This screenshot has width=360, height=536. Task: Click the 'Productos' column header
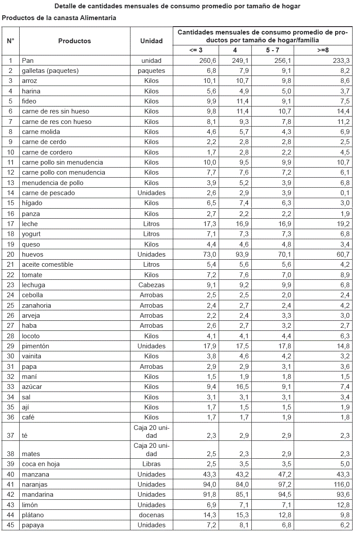pos(75,41)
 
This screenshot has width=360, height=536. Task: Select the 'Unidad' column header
pos(151,41)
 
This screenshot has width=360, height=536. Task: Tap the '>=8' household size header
pos(323,50)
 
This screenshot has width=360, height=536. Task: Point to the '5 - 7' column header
pos(273,50)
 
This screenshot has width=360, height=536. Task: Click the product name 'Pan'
pos(27,61)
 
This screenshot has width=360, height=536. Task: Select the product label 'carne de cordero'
pos(47,152)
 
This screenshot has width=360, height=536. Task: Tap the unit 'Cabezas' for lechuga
pos(151,285)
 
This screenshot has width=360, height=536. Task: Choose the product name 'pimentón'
pos(36,346)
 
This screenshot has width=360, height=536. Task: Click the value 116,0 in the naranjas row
pos(339,484)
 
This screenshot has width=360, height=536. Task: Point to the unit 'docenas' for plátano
pos(151,515)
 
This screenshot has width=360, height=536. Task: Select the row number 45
pos(10,525)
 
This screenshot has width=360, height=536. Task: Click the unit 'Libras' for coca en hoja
pos(151,464)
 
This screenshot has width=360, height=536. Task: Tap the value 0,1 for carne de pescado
pos(345,193)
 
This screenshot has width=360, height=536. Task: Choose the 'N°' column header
pos(10,41)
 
